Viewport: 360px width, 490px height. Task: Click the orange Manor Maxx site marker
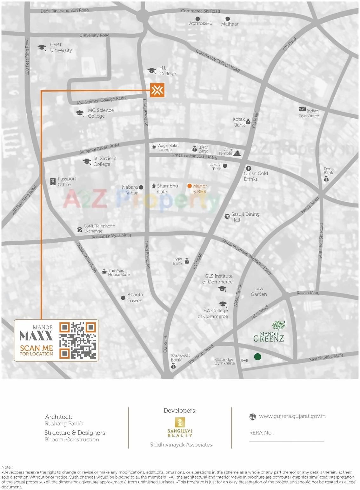coord(157,90)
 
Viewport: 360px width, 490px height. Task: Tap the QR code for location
coord(78,340)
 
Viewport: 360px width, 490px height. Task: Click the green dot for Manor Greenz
coord(257,357)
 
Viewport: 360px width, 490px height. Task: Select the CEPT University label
coord(61,48)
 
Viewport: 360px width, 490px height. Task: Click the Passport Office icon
coord(53,182)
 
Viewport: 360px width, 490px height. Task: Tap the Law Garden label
coord(259,291)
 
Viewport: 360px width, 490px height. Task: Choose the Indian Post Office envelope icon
coord(302,109)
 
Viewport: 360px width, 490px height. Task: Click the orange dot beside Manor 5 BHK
coord(190,186)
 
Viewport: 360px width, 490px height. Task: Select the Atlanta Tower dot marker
coord(123,297)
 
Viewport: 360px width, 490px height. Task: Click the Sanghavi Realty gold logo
coord(180,422)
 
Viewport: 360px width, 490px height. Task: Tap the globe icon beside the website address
coord(253,417)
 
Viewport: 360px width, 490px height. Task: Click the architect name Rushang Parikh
coord(64,424)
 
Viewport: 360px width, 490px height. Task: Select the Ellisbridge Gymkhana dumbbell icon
coord(244,360)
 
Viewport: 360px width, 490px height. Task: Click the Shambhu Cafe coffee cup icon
coord(153,186)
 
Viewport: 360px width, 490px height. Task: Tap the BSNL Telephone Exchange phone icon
coord(80,230)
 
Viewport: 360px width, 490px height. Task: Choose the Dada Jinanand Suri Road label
coord(65,10)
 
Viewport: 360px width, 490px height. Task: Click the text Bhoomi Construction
coord(72,440)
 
